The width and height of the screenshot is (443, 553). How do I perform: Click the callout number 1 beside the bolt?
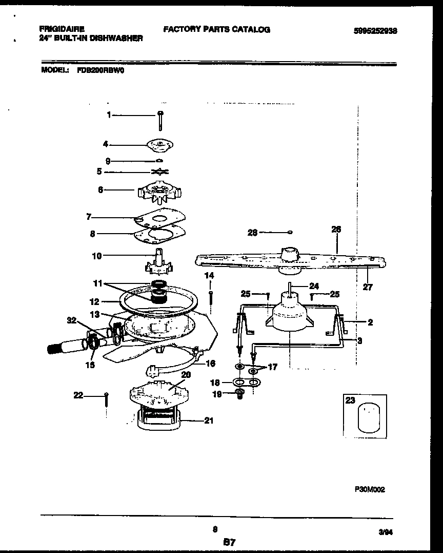[x=109, y=116]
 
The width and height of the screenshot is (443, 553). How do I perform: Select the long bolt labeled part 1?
[x=160, y=121]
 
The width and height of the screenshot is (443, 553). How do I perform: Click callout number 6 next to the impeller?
[x=100, y=189]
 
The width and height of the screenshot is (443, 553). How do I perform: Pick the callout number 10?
[x=96, y=255]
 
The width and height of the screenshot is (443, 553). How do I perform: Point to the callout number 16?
[x=210, y=363]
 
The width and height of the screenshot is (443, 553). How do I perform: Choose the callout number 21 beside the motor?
[x=209, y=421]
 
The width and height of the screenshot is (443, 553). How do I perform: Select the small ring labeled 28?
[x=290, y=232]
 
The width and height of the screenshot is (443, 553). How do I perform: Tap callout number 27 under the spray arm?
[x=368, y=287]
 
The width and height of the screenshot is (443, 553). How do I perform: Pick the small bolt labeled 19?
[x=238, y=394]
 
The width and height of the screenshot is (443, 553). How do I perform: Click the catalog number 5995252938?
[x=375, y=31]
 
